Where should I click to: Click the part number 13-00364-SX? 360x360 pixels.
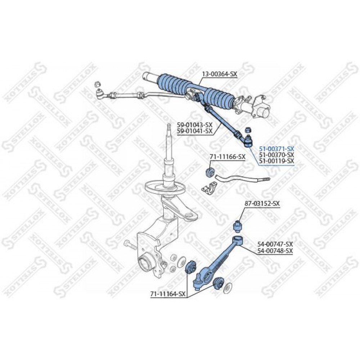pos(220,74)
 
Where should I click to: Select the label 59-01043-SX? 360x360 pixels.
pos(195,125)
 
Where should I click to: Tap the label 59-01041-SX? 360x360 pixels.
pos(195,131)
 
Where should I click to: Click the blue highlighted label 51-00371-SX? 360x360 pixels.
pos(276,148)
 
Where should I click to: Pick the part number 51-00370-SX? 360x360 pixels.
pos(276,154)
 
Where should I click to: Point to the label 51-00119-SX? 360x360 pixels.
pos(276,161)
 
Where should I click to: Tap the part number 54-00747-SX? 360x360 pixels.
pos(275,244)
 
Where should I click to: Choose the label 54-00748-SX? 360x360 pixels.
pos(275,251)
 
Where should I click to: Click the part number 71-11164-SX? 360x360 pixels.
pos(168,294)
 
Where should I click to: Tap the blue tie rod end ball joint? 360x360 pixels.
pos(248,141)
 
